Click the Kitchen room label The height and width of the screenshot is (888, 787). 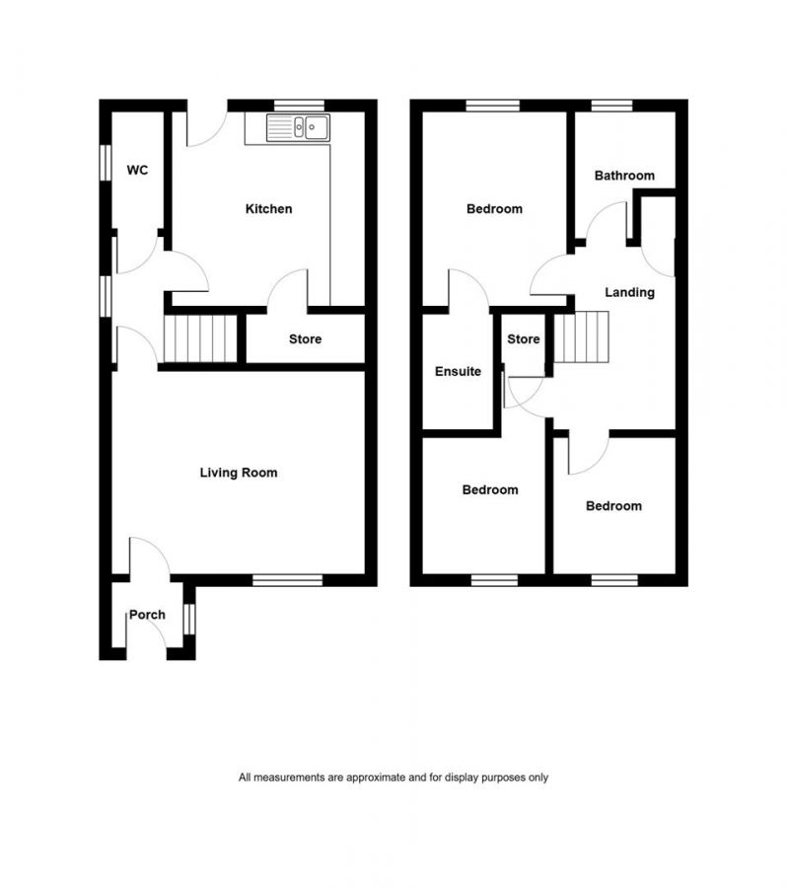pyautogui.click(x=268, y=209)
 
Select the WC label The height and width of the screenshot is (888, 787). pyautogui.click(x=137, y=171)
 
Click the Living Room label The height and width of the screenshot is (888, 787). pyautogui.click(x=239, y=473)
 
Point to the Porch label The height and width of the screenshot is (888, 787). pyautogui.click(x=147, y=615)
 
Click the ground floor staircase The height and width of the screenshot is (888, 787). pyautogui.click(x=200, y=338)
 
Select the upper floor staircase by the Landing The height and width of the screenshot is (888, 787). pyautogui.click(x=582, y=337)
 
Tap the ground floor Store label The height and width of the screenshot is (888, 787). pyautogui.click(x=305, y=339)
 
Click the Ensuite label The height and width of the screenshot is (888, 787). pyautogui.click(x=459, y=372)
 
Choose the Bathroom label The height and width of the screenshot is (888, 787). pyautogui.click(x=623, y=176)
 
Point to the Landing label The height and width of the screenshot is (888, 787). pyautogui.click(x=629, y=292)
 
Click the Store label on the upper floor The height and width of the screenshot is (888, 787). pyautogui.click(x=523, y=339)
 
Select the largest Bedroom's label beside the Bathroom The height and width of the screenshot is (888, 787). pyautogui.click(x=494, y=209)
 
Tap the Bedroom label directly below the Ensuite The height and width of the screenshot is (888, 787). pyautogui.click(x=490, y=490)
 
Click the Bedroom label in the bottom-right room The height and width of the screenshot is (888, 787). pyautogui.click(x=613, y=506)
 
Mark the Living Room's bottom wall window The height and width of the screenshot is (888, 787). pyautogui.click(x=287, y=580)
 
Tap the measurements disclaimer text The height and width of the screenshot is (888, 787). pyautogui.click(x=393, y=777)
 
